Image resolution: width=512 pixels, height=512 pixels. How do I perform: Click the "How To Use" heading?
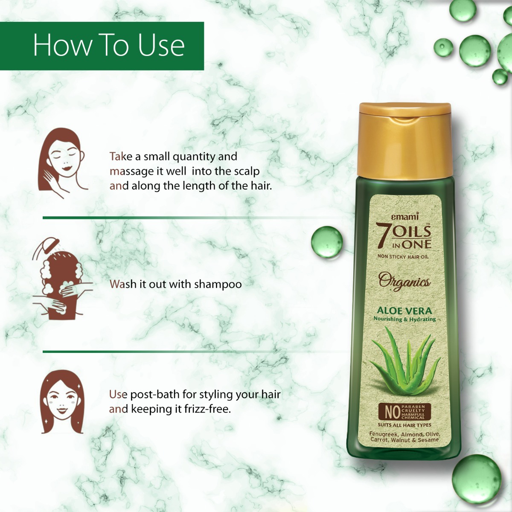pos(109,45)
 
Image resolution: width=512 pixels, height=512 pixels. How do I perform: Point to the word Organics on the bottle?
pos(404,281)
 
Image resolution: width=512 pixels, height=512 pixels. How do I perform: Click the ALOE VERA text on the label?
pos(404,311)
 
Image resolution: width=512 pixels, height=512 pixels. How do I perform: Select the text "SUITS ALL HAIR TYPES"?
pos(404,425)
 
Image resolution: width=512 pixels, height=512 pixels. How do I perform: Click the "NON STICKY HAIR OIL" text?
pos(403,256)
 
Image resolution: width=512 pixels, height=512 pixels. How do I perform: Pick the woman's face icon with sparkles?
pos(62,401)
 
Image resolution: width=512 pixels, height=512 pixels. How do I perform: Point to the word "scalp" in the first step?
pos(247,171)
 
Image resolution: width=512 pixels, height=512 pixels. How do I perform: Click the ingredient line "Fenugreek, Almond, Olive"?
pos(404,434)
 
